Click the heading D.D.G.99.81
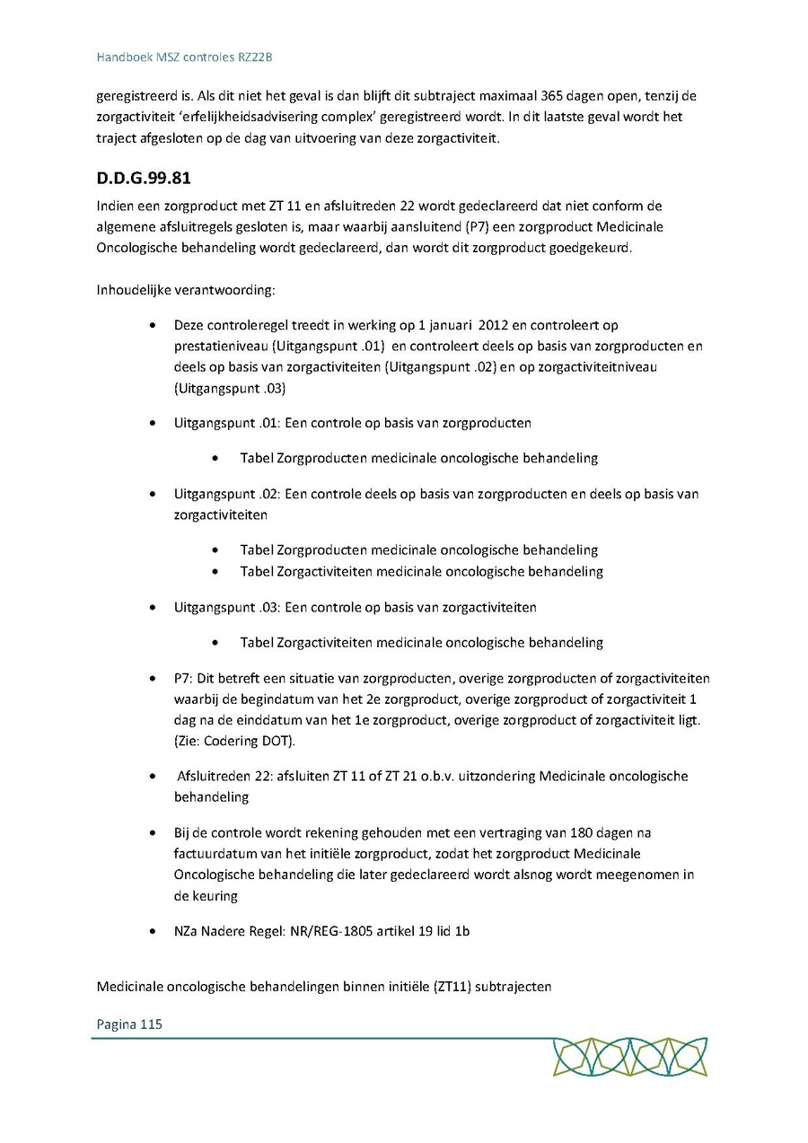(144, 178)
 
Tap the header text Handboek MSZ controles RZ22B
(184, 57)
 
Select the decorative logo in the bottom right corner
(629, 1057)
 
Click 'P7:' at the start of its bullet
(184, 679)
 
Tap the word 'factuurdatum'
(213, 854)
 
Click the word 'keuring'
(213, 895)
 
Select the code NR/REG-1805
(333, 931)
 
